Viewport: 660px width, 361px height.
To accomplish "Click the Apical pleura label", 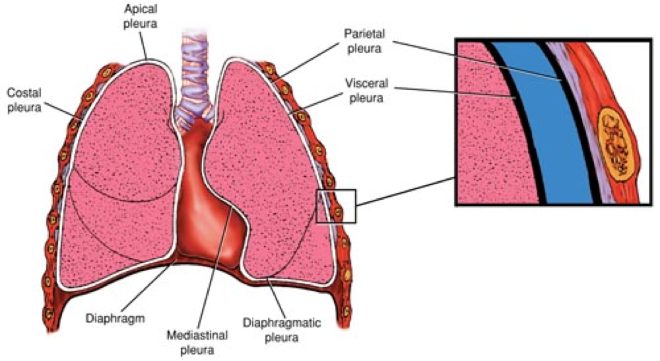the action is click(140, 16).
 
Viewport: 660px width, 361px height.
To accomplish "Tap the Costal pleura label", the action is click(24, 100).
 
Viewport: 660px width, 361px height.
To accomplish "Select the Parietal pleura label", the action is click(364, 41).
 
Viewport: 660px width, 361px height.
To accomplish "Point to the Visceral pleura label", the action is click(366, 91).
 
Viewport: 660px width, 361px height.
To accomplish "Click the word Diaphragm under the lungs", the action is click(115, 319).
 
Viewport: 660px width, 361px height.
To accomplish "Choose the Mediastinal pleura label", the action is click(197, 343).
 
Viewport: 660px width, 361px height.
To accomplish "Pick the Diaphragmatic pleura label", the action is click(282, 330).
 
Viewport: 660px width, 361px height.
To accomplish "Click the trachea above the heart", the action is click(194, 80).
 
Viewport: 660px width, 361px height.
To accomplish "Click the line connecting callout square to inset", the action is click(406, 191).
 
